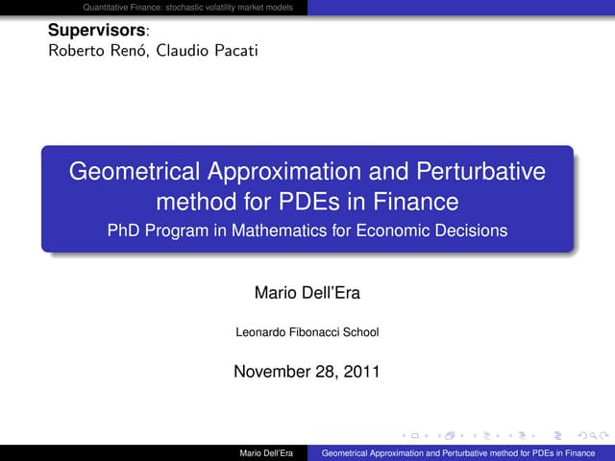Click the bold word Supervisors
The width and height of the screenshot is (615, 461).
coord(87,31)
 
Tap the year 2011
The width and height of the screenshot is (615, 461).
coord(361,370)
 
